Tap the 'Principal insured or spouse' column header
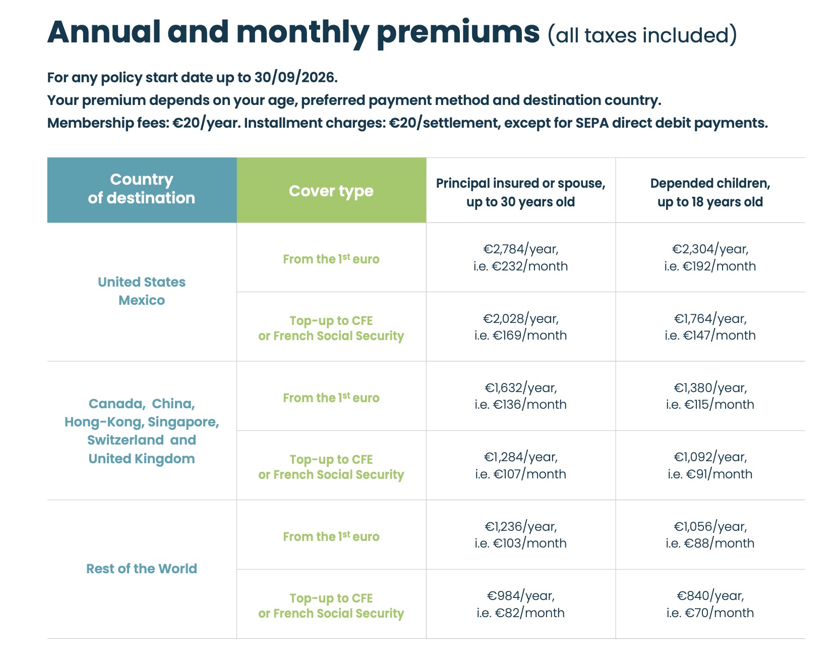pyautogui.click(x=520, y=192)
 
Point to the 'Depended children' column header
pyautogui.click(x=710, y=192)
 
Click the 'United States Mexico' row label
pyautogui.click(x=142, y=291)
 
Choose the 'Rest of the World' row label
pyautogui.click(x=142, y=569)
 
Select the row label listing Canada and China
pyautogui.click(x=142, y=431)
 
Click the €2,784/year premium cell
pyautogui.click(x=520, y=257)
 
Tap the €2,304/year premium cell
pyautogui.click(x=710, y=257)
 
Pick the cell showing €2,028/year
pyautogui.click(x=520, y=326)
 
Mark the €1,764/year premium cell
pyautogui.click(x=710, y=326)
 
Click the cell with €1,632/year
pyautogui.click(x=520, y=396)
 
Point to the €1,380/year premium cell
pyautogui.click(x=710, y=396)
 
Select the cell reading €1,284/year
pyautogui.click(x=520, y=465)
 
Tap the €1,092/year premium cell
pyautogui.click(x=710, y=465)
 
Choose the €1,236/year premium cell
pyautogui.click(x=520, y=534)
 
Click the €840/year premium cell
pyautogui.click(x=710, y=604)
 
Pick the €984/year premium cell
pyautogui.click(x=520, y=604)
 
